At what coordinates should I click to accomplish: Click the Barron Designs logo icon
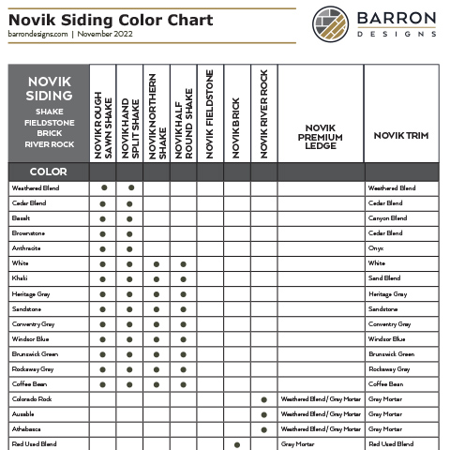[x=331, y=22]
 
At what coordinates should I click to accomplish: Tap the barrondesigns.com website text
[x=37, y=33]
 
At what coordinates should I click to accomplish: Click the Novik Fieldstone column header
[x=210, y=112]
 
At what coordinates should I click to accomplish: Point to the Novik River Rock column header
[x=263, y=112]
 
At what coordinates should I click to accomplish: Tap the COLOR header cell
[x=49, y=172]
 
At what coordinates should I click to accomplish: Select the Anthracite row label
[x=26, y=248]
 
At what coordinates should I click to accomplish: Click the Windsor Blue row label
[x=30, y=338]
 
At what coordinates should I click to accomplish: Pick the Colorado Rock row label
[x=32, y=398]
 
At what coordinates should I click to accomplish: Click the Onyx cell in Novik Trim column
[x=377, y=248]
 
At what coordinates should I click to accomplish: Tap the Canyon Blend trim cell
[x=387, y=218]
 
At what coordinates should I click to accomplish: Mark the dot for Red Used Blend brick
[x=237, y=444]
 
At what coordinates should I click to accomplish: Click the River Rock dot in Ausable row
[x=263, y=414]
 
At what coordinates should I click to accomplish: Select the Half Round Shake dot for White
[x=184, y=264]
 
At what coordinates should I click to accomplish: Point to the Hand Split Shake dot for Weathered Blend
[x=130, y=188]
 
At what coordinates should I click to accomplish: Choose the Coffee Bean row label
[x=29, y=383]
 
